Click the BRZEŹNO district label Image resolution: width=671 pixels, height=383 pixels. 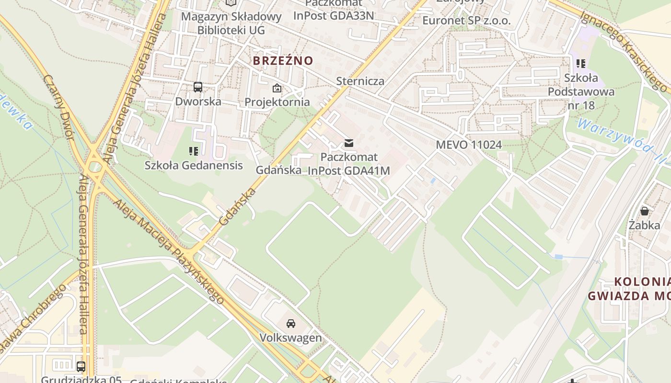tap(283, 61)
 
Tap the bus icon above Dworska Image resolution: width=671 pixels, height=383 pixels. tap(197, 87)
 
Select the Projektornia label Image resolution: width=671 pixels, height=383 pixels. tap(277, 102)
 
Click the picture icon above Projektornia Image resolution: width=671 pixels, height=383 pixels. tap(277, 88)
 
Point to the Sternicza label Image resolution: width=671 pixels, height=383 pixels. tap(360, 81)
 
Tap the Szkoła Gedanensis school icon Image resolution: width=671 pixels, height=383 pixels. tap(194, 151)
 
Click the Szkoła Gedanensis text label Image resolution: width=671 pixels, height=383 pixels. tap(194, 166)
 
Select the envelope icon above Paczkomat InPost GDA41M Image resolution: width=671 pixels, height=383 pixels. tap(349, 143)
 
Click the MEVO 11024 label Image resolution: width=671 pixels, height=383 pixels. tap(469, 145)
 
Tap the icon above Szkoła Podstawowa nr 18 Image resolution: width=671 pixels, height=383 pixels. tap(581, 63)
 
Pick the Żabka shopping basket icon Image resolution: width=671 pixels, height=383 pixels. tap(645, 211)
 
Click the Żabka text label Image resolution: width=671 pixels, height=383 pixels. tap(645, 225)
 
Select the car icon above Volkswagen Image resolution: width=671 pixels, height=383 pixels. tap(291, 324)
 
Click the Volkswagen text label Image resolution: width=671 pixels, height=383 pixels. tap(290, 338)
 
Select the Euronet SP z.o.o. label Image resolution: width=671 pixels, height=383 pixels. tap(466, 21)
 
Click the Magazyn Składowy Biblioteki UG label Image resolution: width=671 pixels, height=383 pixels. tap(231, 23)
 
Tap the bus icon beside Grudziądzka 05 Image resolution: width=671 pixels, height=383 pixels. tap(81, 367)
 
